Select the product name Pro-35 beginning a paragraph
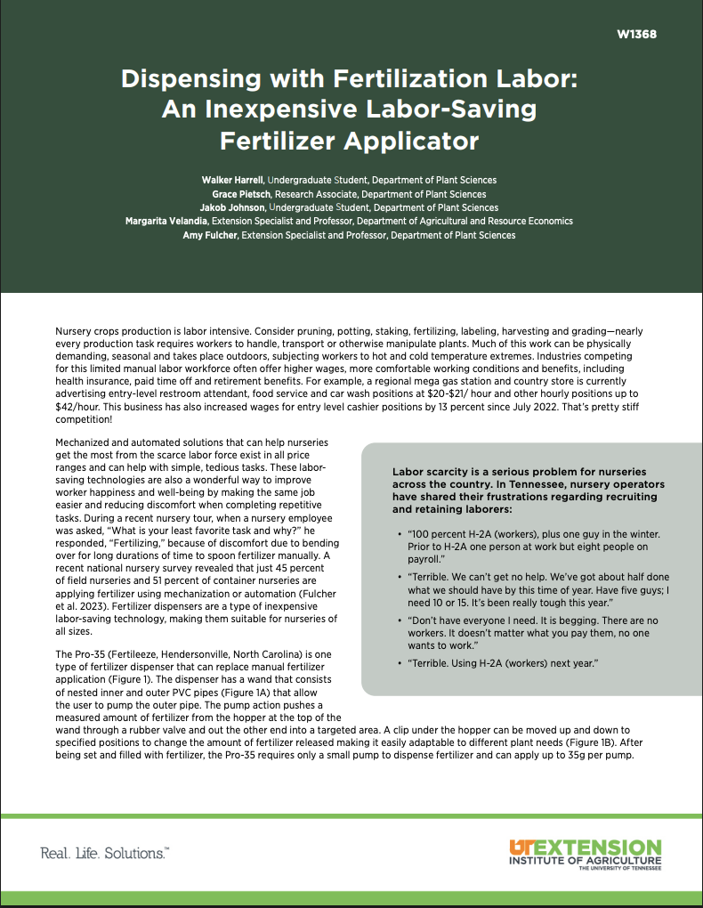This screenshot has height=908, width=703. (88, 654)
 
